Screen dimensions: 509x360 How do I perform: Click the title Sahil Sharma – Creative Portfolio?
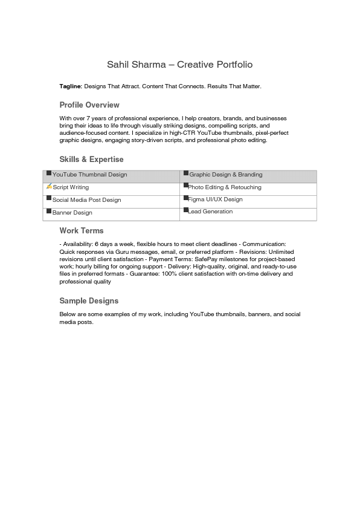[179, 65]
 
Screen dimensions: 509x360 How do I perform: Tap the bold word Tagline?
[70, 87]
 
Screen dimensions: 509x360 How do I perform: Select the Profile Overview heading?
[89, 105]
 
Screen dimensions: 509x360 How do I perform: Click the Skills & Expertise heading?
[91, 160]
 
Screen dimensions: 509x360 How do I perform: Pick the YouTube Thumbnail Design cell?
[89, 175]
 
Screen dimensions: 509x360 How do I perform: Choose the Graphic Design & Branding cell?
[225, 175]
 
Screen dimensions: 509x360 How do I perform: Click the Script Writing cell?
[71, 187]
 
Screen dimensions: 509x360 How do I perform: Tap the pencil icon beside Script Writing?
[49, 186]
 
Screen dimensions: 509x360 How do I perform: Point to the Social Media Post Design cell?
[86, 200]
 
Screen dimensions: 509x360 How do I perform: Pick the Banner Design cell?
[72, 213]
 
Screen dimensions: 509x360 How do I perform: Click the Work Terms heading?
[82, 231]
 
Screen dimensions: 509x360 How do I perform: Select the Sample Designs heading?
[89, 301]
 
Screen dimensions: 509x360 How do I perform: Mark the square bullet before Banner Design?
[49, 211]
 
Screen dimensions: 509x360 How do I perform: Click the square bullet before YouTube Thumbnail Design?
[49, 173]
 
